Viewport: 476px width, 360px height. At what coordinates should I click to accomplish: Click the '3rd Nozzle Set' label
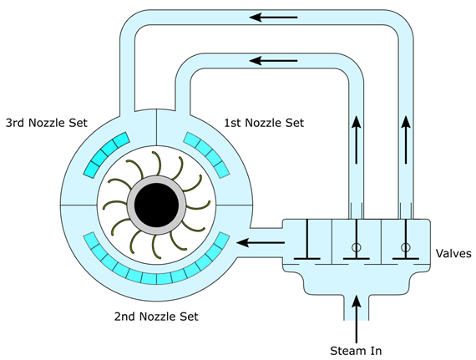click(x=47, y=123)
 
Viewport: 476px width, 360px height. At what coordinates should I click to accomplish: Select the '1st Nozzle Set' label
click(x=264, y=123)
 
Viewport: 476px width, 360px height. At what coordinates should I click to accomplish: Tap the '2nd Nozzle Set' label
click(x=156, y=317)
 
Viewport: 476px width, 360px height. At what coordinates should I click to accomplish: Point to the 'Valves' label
click(x=453, y=253)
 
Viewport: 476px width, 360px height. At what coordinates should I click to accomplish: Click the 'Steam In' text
click(x=356, y=351)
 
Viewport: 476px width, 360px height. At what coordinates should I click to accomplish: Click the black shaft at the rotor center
click(x=156, y=205)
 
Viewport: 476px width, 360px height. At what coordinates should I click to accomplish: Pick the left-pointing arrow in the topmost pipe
click(x=273, y=18)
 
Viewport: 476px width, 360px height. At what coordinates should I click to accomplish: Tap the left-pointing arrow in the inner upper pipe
click(x=273, y=61)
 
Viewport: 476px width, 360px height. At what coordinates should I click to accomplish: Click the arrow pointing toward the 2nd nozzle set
click(x=261, y=243)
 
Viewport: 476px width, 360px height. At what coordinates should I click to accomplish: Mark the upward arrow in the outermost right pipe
click(x=406, y=139)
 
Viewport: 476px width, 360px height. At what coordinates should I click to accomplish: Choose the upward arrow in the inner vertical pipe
click(x=357, y=139)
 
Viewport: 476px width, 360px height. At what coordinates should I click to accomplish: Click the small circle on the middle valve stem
click(x=357, y=247)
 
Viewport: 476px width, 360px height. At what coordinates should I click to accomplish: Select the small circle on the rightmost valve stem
click(x=406, y=247)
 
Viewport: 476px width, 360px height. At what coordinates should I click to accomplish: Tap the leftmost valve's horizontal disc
click(x=307, y=259)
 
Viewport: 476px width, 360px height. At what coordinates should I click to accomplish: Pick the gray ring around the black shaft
click(x=156, y=179)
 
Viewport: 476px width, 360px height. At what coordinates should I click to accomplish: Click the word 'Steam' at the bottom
click(x=342, y=351)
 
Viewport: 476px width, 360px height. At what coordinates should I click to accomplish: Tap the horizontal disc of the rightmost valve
click(x=406, y=259)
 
